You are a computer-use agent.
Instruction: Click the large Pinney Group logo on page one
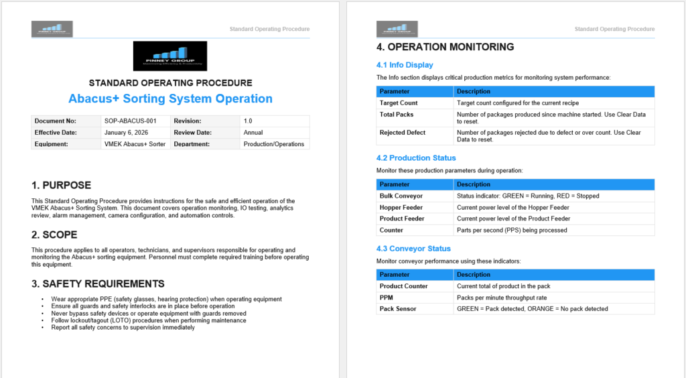[170, 56]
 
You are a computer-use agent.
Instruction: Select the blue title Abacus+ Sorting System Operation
[170, 99]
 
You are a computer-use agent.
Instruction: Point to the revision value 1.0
[248, 121]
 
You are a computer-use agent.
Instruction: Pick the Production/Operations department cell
[273, 144]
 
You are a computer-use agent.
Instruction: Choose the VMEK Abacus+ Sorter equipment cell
[134, 144]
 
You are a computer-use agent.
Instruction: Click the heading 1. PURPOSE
[61, 185]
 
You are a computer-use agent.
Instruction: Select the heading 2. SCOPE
[54, 235]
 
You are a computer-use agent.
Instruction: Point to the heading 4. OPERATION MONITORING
[445, 47]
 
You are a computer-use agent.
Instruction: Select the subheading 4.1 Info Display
[405, 65]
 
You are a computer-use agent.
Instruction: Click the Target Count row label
[399, 103]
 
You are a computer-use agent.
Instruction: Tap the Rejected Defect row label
[402, 133]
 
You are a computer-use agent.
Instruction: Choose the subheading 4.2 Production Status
[416, 158]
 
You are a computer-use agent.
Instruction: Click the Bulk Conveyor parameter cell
[401, 196]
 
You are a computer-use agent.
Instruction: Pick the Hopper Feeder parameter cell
[401, 207]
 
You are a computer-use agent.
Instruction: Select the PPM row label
[387, 298]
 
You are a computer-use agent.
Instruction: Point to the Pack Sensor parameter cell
[398, 309]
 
